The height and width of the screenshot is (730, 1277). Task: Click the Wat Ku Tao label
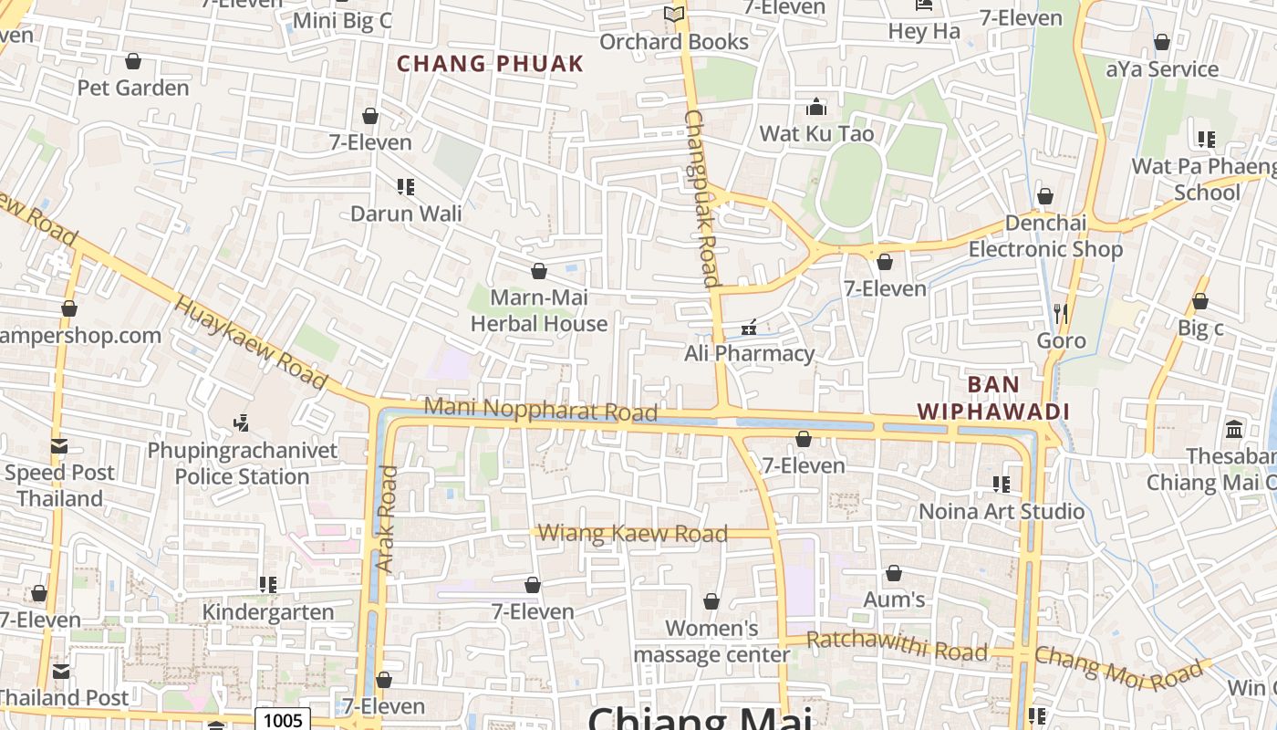pyautogui.click(x=816, y=133)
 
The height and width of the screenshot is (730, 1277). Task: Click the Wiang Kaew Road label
pyautogui.click(x=633, y=533)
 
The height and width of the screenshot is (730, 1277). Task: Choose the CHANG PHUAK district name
pyautogui.click(x=490, y=64)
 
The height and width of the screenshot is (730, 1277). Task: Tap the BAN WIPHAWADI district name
pyautogui.click(x=993, y=398)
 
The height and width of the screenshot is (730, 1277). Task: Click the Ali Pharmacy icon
pyautogui.click(x=749, y=327)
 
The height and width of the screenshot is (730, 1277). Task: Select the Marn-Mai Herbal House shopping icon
pyautogui.click(x=539, y=271)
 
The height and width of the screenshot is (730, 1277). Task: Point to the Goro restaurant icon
pyautogui.click(x=1060, y=313)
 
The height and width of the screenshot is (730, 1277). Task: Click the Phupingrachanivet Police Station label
pyautogui.click(x=243, y=464)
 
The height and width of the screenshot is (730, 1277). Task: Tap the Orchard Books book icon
pyautogui.click(x=674, y=14)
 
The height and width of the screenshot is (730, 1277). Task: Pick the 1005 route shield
pyautogui.click(x=282, y=720)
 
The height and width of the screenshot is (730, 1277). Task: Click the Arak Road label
pyautogui.click(x=388, y=519)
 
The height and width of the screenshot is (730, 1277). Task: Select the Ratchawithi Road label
pyautogui.click(x=897, y=645)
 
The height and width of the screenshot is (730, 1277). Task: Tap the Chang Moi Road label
pyautogui.click(x=1118, y=668)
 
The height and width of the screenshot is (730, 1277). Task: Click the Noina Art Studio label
pyautogui.click(x=1002, y=511)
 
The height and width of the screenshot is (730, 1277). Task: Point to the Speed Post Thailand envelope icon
pyautogui.click(x=59, y=446)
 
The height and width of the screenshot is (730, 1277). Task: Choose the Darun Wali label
pyautogui.click(x=406, y=214)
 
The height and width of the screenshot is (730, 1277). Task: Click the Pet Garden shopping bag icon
pyautogui.click(x=133, y=61)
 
